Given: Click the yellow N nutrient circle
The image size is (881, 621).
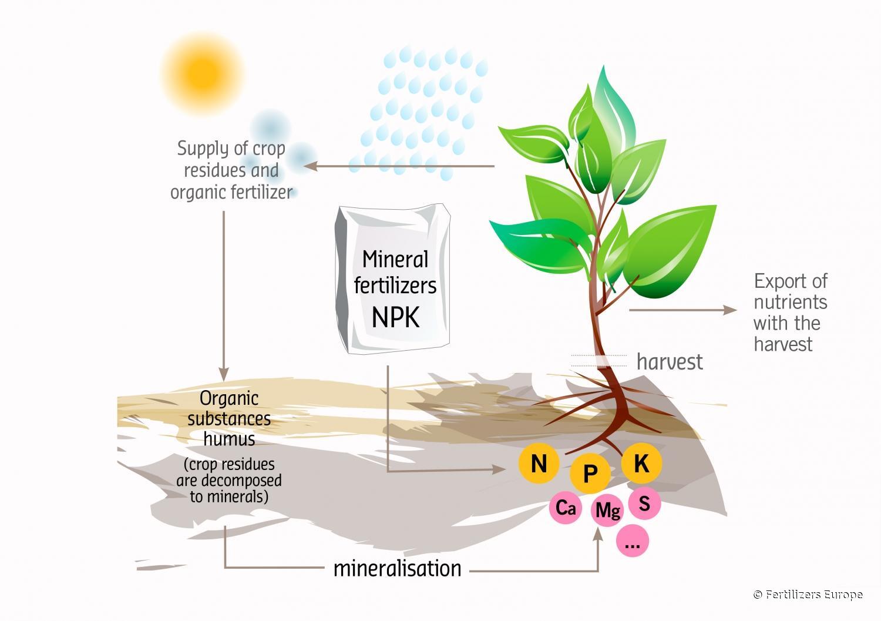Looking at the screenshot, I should (x=539, y=464).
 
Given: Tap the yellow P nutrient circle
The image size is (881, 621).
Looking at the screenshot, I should (x=590, y=472).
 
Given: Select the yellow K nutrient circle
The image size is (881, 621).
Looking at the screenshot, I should (x=641, y=463).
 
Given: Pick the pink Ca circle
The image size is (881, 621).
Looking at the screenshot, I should (x=566, y=507).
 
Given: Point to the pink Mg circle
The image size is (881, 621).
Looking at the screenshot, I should (x=607, y=510).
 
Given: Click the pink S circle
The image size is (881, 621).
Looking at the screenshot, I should (x=644, y=503).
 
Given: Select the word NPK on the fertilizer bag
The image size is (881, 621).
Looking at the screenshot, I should (x=396, y=317).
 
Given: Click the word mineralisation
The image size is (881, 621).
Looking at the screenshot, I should (x=397, y=568).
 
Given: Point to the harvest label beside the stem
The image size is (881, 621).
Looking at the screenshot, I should (x=670, y=361).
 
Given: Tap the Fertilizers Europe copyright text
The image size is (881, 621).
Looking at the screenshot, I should (x=808, y=595).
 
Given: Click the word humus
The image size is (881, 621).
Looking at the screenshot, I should (x=229, y=439).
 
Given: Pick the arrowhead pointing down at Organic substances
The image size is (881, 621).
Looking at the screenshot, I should (x=223, y=374).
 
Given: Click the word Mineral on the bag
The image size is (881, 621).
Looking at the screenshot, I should (x=395, y=259).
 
